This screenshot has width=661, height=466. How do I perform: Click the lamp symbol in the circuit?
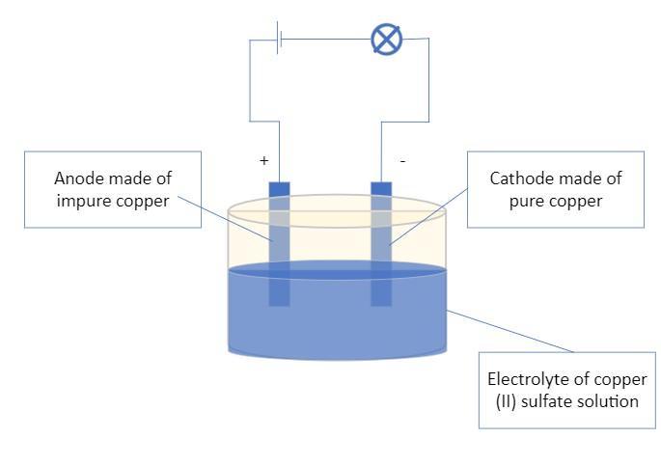(x=387, y=40)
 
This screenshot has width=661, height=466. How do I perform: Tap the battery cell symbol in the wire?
(x=280, y=40)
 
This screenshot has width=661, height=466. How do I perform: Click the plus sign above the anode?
(x=263, y=161)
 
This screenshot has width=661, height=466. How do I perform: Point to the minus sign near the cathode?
(x=402, y=161)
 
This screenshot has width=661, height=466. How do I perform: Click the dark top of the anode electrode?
(x=279, y=188)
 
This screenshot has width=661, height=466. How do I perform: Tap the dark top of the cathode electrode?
(x=381, y=188)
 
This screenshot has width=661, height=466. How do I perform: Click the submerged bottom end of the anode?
(x=279, y=294)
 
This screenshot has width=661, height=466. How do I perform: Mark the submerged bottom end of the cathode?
(x=381, y=294)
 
